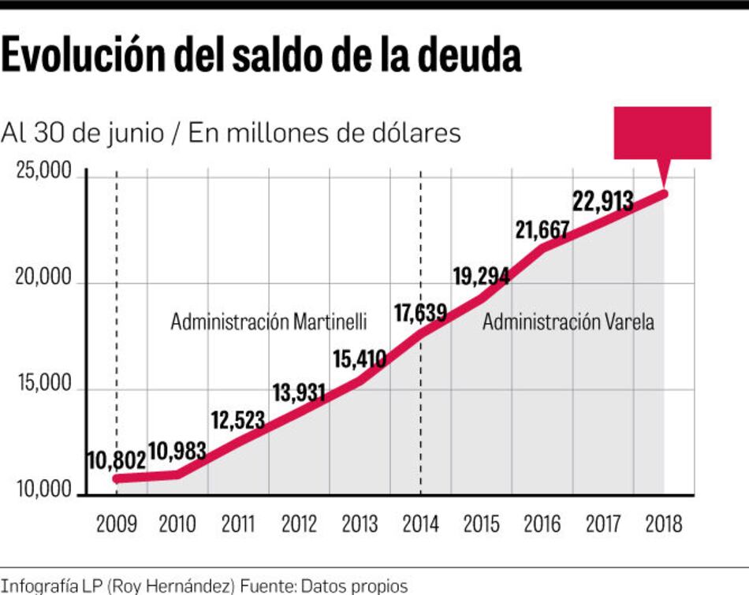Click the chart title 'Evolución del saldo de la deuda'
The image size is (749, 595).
pos(261,56)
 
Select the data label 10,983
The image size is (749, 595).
pos(177,452)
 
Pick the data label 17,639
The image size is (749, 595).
pos(420,313)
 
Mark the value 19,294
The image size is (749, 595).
pos(481,276)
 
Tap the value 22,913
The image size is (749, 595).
pos(603,201)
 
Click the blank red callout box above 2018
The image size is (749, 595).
pos(662,132)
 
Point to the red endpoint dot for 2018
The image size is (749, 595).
pos(664,194)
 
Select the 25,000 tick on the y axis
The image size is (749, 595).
pos(43,171)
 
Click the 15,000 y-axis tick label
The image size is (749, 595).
pos(43,384)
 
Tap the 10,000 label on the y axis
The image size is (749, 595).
pos(43,490)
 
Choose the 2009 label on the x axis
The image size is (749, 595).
pos(116,523)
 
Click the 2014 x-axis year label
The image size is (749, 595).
pos(420,523)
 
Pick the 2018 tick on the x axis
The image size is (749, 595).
pos(663,523)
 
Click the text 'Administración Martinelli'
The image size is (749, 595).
pos(269,322)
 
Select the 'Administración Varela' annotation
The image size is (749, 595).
pos(568,322)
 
